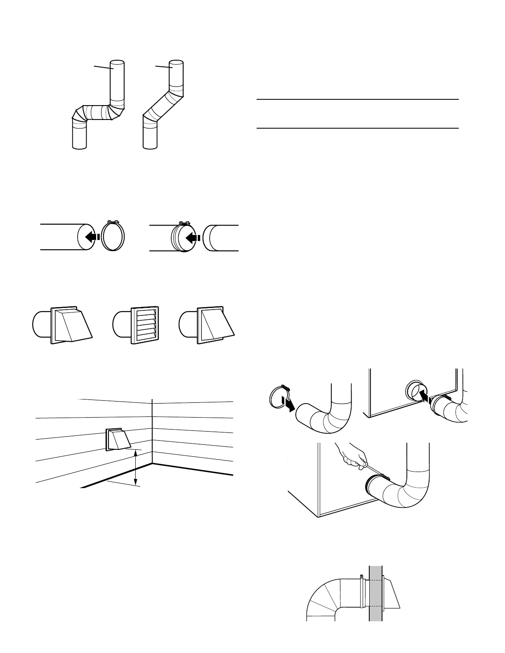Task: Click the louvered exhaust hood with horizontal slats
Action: point(144,325)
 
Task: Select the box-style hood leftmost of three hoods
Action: point(71,325)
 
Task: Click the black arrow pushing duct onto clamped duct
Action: point(193,237)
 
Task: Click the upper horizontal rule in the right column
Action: point(358,99)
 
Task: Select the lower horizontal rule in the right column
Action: point(358,128)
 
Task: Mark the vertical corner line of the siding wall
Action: point(153,431)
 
